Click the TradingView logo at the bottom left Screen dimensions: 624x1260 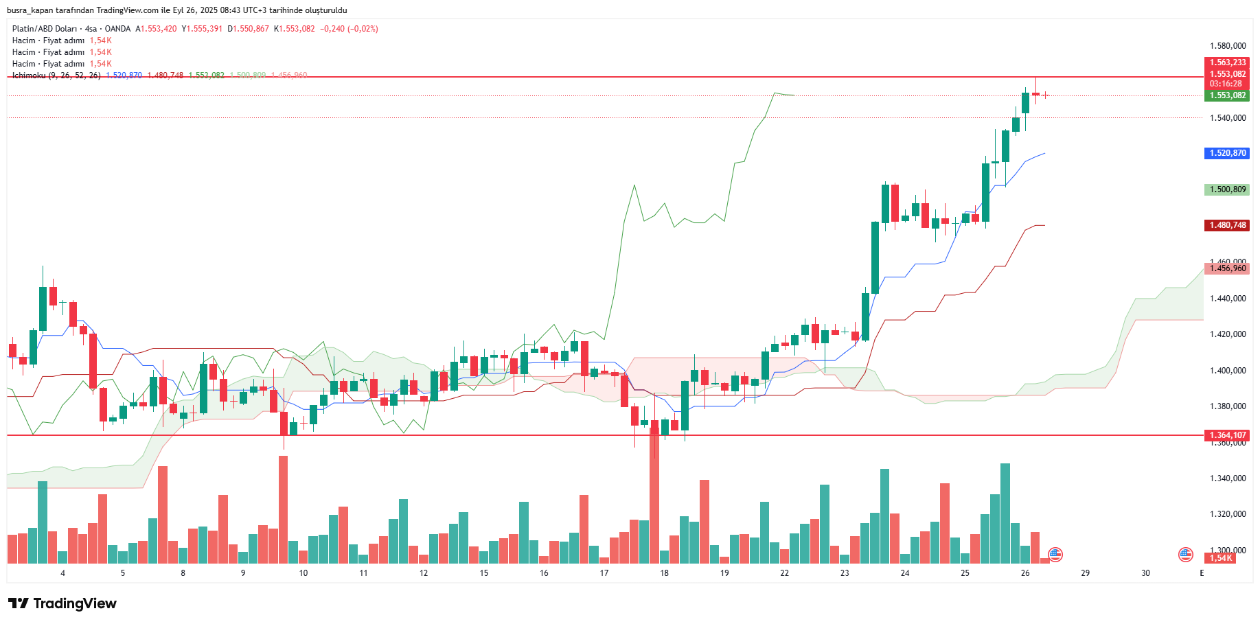click(x=62, y=603)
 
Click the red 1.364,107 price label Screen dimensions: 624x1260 click(x=1227, y=435)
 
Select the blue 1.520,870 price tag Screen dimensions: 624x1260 click(x=1227, y=153)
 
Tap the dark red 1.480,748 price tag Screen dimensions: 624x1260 click(x=1227, y=225)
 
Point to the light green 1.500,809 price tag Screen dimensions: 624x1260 click(x=1227, y=189)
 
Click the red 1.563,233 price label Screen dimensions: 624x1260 click(x=1227, y=62)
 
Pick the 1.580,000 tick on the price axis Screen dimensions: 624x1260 click(x=1227, y=46)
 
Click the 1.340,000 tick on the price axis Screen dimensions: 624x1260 click(x=1227, y=478)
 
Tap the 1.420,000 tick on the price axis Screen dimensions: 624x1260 click(x=1227, y=334)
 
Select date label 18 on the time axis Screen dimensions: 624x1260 click(x=664, y=573)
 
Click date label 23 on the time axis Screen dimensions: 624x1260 click(x=845, y=573)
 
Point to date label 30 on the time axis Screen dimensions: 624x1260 click(x=1145, y=573)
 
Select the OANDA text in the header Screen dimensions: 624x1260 click(x=117, y=29)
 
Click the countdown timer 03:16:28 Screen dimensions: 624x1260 click(x=1227, y=84)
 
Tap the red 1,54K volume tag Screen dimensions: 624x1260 click(x=1221, y=558)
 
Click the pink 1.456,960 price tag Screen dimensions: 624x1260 click(x=1227, y=268)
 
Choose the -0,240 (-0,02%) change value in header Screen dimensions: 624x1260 click(x=349, y=29)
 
